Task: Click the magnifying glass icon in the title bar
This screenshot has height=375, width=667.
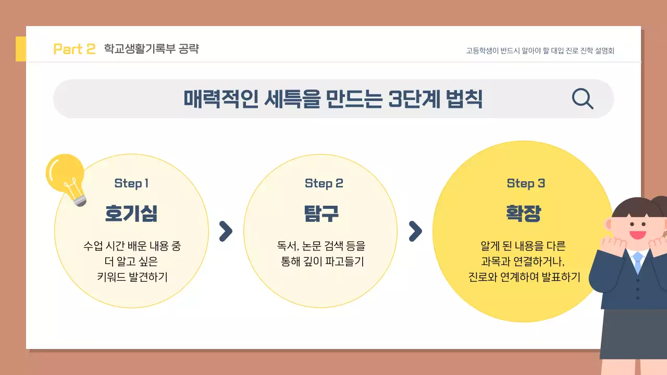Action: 582,98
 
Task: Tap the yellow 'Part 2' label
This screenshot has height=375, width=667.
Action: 75,49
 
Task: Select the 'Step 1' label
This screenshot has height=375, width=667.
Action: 131,183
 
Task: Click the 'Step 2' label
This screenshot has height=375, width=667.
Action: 324,183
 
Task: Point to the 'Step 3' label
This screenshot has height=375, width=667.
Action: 525,183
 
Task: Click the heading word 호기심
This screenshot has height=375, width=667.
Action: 131,214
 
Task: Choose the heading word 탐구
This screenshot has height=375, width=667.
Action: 322,214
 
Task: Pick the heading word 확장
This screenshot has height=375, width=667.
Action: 523,214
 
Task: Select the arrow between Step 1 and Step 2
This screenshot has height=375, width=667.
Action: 226,231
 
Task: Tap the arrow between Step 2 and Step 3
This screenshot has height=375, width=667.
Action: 415,231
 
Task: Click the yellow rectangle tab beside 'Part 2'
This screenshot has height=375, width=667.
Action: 21,49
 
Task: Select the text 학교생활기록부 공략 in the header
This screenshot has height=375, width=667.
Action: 151,49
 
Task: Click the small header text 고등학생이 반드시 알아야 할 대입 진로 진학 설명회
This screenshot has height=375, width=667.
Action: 540,51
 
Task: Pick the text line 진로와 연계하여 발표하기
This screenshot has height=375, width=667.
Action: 524,277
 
